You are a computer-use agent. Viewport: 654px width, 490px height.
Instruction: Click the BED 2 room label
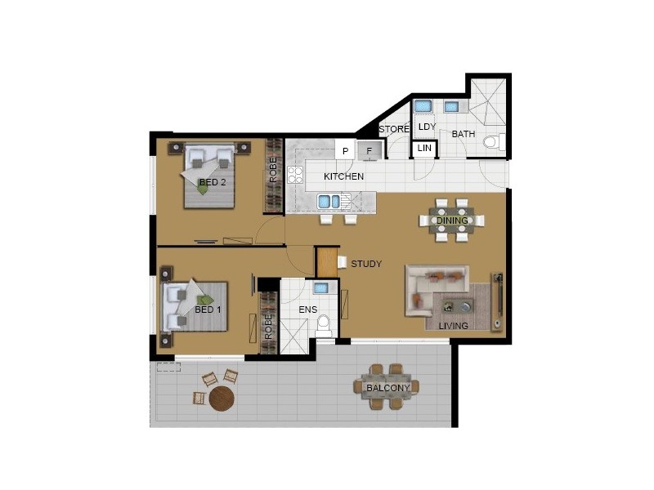point(213,182)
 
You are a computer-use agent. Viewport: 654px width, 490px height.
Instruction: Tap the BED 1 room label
point(208,310)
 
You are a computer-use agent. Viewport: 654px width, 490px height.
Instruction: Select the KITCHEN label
point(343,177)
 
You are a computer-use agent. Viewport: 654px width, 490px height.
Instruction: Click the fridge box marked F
point(370,151)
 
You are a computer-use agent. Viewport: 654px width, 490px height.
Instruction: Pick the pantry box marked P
point(346,151)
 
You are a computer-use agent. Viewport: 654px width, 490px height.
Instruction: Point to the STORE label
point(393,129)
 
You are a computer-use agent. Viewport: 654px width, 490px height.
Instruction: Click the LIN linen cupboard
point(424,148)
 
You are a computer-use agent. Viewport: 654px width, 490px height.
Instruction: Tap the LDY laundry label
point(426,127)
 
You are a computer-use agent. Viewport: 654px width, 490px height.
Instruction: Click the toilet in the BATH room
point(491,143)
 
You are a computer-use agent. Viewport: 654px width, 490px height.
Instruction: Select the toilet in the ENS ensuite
point(324,324)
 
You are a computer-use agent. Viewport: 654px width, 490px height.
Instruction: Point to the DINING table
point(451,220)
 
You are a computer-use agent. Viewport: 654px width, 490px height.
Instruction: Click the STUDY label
point(365,264)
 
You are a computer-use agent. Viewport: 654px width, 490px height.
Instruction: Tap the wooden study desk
point(326,261)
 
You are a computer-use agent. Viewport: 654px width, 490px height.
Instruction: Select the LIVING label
point(453,326)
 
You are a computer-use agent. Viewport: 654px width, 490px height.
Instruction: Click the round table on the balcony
point(222,399)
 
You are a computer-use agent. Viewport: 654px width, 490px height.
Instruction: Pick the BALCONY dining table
point(387,387)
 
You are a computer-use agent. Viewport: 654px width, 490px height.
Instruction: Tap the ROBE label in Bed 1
point(267,326)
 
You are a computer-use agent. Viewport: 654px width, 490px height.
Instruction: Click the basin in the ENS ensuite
point(321,288)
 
